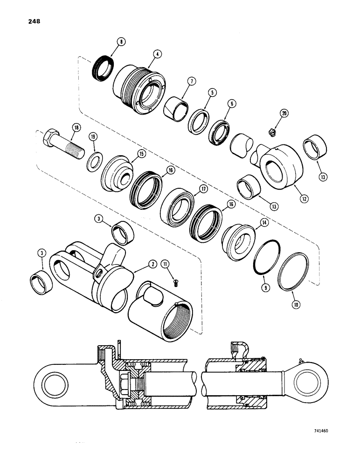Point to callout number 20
[284, 113]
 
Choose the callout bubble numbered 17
[190, 189]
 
